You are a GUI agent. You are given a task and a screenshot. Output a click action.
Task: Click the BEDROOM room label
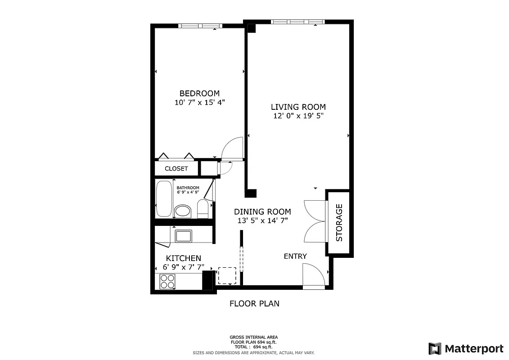[x=199, y=93]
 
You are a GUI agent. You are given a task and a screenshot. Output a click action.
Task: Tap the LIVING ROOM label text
[x=298, y=107]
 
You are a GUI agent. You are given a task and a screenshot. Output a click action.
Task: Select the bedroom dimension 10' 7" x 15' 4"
[x=199, y=103]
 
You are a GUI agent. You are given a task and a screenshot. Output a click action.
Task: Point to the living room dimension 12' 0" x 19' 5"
[x=298, y=116]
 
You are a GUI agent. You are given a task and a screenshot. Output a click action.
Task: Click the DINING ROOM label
[x=262, y=211]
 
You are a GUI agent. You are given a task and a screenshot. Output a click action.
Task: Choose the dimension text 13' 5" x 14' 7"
[x=262, y=220]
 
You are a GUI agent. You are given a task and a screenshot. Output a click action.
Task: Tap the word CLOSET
[x=176, y=169]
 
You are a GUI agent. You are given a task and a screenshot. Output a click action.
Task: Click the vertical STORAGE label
[x=339, y=222]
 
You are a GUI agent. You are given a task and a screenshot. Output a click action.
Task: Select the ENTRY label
[x=295, y=256]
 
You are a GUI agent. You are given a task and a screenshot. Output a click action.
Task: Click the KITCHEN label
[x=184, y=258]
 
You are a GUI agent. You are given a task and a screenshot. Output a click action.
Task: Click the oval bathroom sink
[x=183, y=211]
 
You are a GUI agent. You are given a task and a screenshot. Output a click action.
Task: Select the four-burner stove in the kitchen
[x=167, y=281]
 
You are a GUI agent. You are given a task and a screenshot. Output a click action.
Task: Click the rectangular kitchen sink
[x=183, y=236]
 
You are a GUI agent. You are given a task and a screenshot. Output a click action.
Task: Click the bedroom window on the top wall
[x=197, y=26]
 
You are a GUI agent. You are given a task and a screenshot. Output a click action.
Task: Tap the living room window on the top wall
[x=297, y=22]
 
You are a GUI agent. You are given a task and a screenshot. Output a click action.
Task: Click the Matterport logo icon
[x=435, y=348]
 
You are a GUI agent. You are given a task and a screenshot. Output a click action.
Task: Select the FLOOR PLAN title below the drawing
[x=254, y=304]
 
